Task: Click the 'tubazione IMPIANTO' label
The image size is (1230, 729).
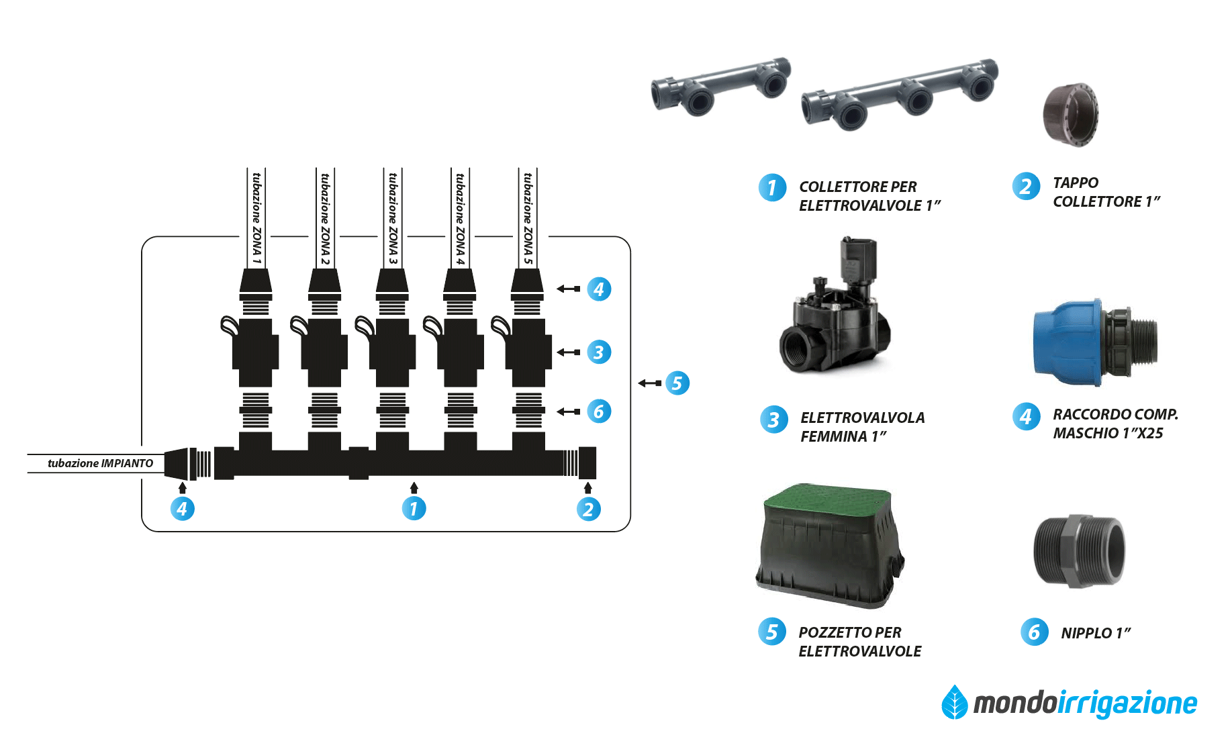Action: [100, 463]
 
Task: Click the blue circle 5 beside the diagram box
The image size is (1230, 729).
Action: [677, 383]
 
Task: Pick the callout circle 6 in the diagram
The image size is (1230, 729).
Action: [599, 411]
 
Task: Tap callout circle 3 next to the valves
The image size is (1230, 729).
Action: [599, 352]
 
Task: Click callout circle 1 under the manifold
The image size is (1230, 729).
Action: [414, 509]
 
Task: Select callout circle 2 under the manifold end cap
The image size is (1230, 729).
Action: [588, 509]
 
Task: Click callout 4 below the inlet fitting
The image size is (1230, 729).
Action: [182, 509]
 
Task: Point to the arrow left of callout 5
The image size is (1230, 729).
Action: [649, 383]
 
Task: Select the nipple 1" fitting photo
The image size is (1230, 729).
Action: [1079, 552]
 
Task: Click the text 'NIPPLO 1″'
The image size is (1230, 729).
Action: [1095, 633]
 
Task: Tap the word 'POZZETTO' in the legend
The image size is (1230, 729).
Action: [835, 632]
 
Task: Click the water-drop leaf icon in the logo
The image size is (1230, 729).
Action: [955, 703]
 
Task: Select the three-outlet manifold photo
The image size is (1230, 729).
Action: [900, 95]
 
